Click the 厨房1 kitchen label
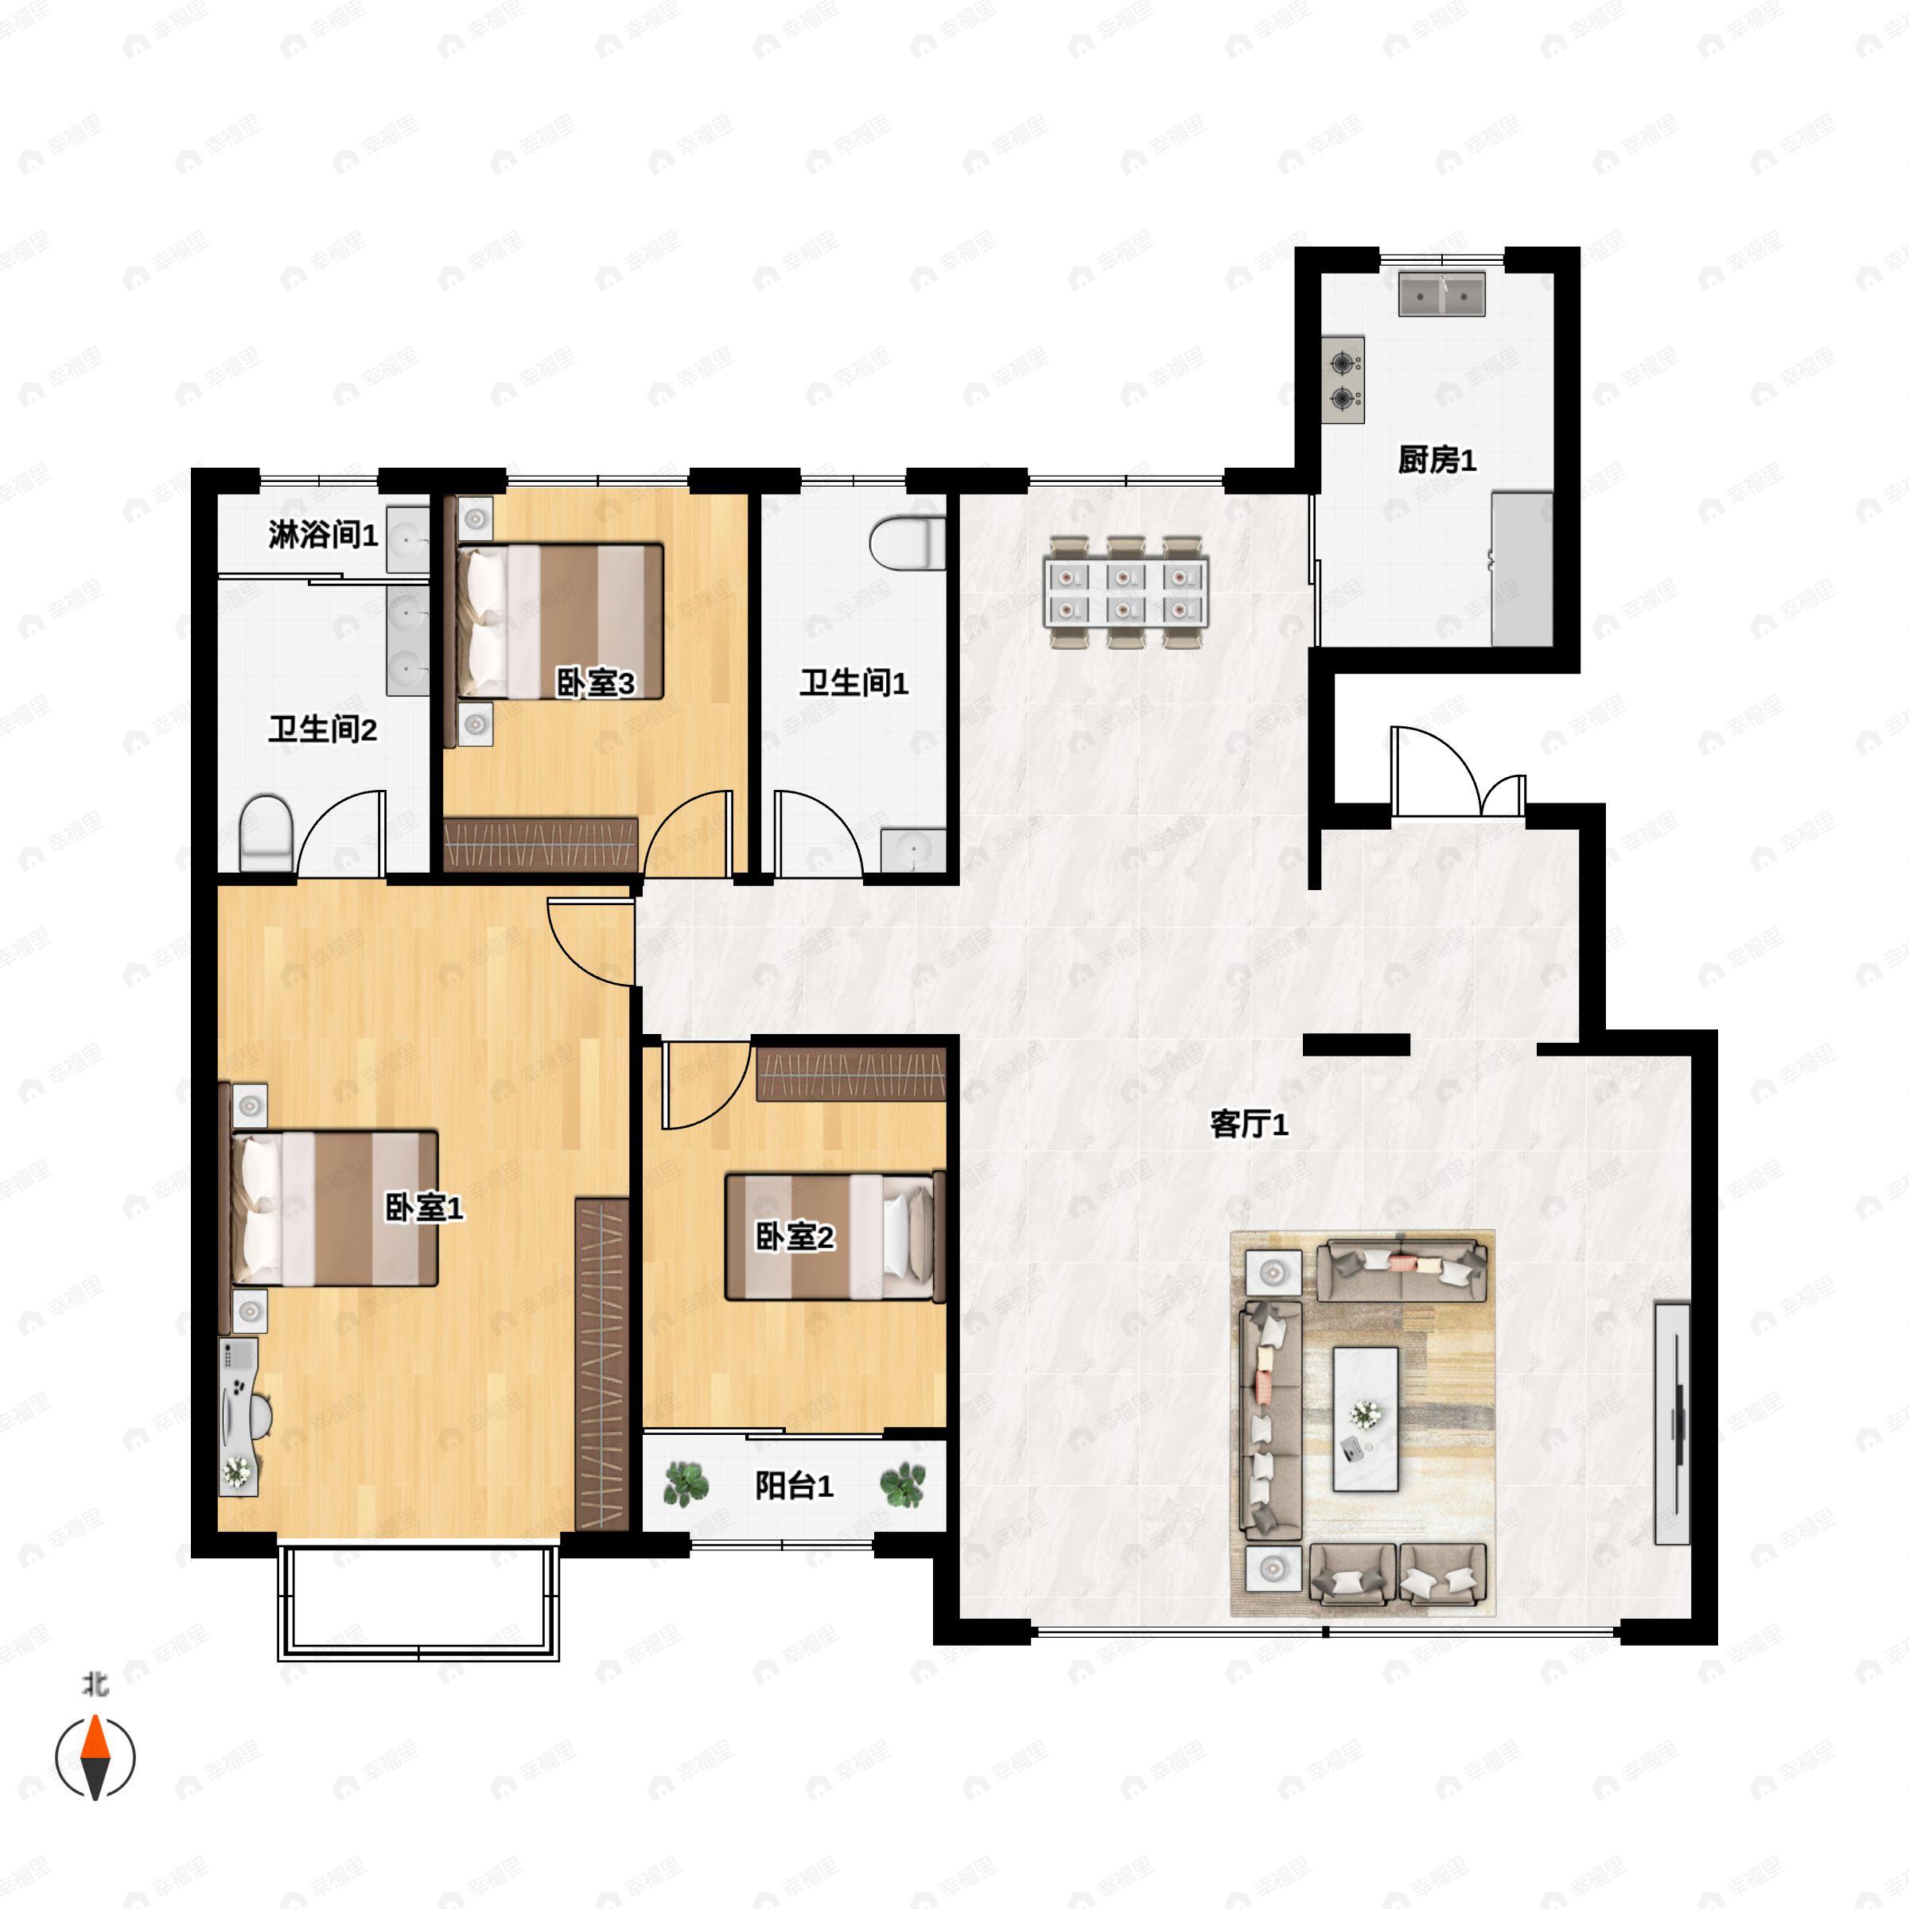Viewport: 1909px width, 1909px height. point(1437,461)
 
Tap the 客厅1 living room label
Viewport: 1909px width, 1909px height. point(1249,1125)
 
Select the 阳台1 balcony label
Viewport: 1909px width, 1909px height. point(794,1486)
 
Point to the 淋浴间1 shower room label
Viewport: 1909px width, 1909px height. point(323,535)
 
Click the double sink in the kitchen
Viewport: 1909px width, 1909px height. point(1441,294)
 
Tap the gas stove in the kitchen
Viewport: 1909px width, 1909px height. point(1343,380)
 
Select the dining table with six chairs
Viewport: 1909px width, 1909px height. point(1125,593)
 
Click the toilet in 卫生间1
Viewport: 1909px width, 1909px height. point(907,543)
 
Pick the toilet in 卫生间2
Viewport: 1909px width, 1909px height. point(266,833)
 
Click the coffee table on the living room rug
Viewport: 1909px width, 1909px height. point(1366,1419)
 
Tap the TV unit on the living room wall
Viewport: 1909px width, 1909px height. point(1672,1423)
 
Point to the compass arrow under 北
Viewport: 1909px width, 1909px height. point(95,1758)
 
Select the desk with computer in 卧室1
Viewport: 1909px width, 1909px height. point(238,1416)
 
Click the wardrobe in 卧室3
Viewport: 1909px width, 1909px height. point(541,844)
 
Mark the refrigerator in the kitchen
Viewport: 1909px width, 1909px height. point(1522,570)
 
